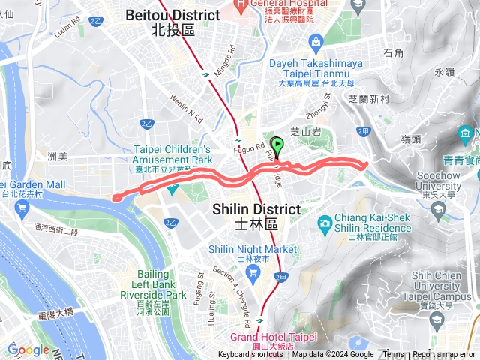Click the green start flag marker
coord(279,146)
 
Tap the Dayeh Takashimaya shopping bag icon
coord(318,41)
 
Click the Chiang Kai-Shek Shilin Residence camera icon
coord(325,223)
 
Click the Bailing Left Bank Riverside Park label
coord(162,285)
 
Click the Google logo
coord(28,349)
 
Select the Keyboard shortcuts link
coord(250,355)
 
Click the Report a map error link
coord(445,355)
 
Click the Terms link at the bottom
coord(393,355)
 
